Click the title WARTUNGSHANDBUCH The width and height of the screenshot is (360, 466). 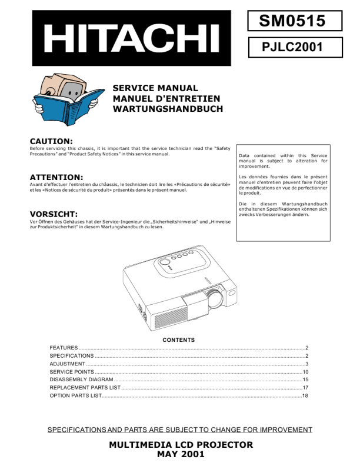[x=167, y=109]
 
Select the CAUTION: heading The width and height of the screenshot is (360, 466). [x=51, y=141]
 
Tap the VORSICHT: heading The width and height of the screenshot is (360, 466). [x=54, y=214]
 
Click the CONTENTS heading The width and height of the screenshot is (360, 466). [x=178, y=340]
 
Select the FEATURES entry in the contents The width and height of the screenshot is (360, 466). [x=64, y=348]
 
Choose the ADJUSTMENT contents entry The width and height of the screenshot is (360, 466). [x=67, y=364]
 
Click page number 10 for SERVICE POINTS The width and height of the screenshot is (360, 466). [x=305, y=372]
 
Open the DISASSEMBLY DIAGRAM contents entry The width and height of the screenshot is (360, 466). [x=81, y=380]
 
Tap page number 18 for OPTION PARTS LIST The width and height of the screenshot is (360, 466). [x=305, y=396]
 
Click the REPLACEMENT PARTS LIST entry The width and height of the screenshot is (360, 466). [x=85, y=388]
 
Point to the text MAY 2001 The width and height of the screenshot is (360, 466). [x=181, y=454]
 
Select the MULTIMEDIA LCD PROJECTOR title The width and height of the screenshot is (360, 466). [x=181, y=444]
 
